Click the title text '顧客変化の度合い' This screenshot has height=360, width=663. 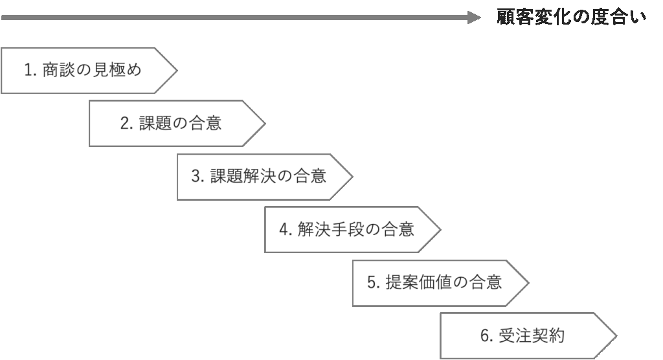(x=572, y=17)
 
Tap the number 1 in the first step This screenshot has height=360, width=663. (x=28, y=70)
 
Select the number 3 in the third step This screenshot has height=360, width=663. (x=196, y=176)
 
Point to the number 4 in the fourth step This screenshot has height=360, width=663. (x=283, y=229)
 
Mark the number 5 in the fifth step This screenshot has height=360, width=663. (x=372, y=282)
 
